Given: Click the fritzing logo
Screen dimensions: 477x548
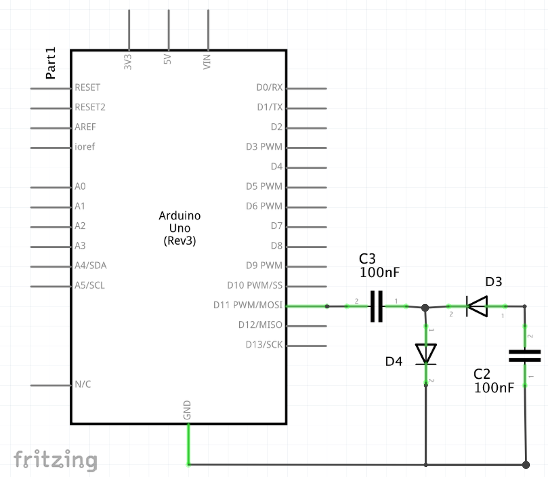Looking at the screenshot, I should [55, 460].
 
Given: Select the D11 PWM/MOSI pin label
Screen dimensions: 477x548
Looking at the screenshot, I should [248, 305].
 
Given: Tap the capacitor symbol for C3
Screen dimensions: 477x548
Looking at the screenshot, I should [377, 306].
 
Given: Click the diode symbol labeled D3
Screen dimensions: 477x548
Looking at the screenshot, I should [477, 306].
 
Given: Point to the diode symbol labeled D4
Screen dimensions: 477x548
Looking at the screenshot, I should [426, 354].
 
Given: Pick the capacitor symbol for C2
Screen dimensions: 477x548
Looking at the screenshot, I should [525, 356].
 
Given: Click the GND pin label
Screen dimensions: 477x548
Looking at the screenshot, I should [187, 410].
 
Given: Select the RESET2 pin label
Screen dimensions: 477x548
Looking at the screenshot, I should [90, 107].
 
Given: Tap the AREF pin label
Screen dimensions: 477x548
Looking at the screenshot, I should [85, 127].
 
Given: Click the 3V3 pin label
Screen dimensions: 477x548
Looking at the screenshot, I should [128, 62].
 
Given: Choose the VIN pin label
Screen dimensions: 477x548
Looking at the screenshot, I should [207, 62].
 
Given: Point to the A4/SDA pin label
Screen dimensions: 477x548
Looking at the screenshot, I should [90, 266].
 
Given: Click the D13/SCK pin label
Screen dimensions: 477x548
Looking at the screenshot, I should [264, 345].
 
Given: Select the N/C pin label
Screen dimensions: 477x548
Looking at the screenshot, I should [83, 384].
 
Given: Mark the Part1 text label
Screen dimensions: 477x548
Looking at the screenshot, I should [51, 63].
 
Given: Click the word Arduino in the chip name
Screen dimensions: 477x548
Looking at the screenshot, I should [180, 216].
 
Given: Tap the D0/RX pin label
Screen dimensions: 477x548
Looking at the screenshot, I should [269, 88].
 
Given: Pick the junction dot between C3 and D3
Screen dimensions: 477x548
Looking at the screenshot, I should [425, 307].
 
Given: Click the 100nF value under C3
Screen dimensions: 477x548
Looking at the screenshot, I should [379, 273].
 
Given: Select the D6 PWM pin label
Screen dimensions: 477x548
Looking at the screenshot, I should [264, 206].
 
